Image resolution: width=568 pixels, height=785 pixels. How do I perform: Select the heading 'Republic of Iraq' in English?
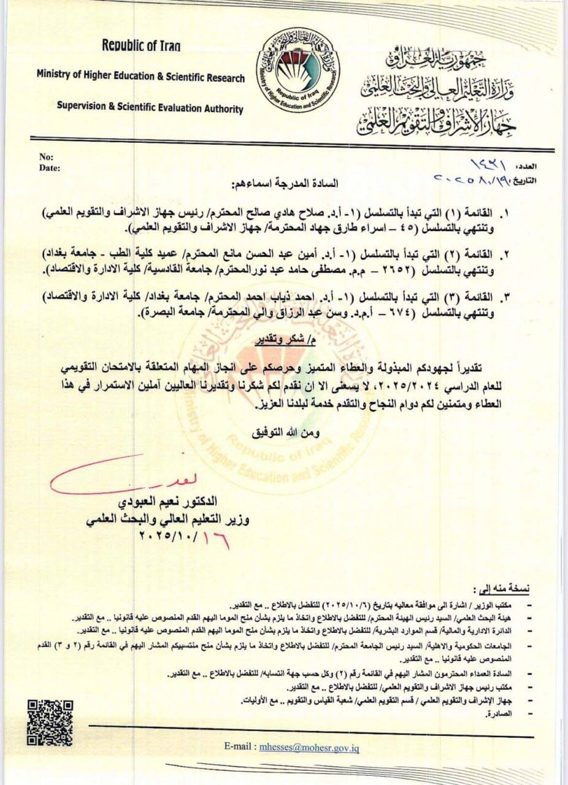[x=141, y=45]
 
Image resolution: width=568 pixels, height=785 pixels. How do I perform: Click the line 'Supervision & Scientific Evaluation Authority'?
[x=150, y=109]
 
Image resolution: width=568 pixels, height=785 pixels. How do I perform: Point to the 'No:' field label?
[x=46, y=157]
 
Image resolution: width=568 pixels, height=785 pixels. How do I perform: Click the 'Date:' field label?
[x=49, y=167]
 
